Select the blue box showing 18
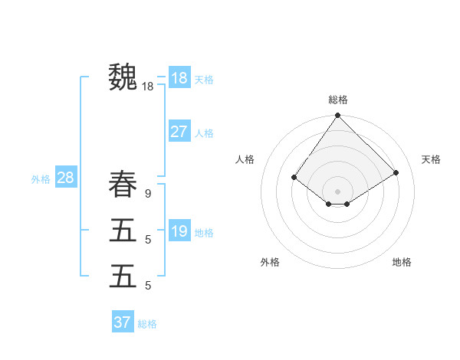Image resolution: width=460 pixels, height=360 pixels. tap(179, 77)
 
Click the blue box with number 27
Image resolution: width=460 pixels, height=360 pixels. tap(179, 132)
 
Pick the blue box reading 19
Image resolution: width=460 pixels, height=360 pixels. tap(179, 231)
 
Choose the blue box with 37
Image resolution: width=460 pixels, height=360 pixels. tap(123, 322)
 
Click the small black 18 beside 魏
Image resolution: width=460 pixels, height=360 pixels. tap(147, 87)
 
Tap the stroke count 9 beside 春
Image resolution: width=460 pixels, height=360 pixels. tap(147, 195)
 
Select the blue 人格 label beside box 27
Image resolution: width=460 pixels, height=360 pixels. tap(204, 133)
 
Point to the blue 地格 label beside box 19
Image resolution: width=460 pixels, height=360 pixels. tap(204, 233)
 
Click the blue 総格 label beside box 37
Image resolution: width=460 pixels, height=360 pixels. tap(147, 324)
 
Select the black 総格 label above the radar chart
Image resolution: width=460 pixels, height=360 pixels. tap(338, 100)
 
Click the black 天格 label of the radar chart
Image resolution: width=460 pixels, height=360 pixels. tap(431, 159)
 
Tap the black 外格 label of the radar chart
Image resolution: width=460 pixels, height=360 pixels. tap(270, 262)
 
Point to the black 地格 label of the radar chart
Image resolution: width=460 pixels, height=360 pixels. tap(402, 262)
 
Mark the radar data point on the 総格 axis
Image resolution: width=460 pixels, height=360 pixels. tap(338, 116)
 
